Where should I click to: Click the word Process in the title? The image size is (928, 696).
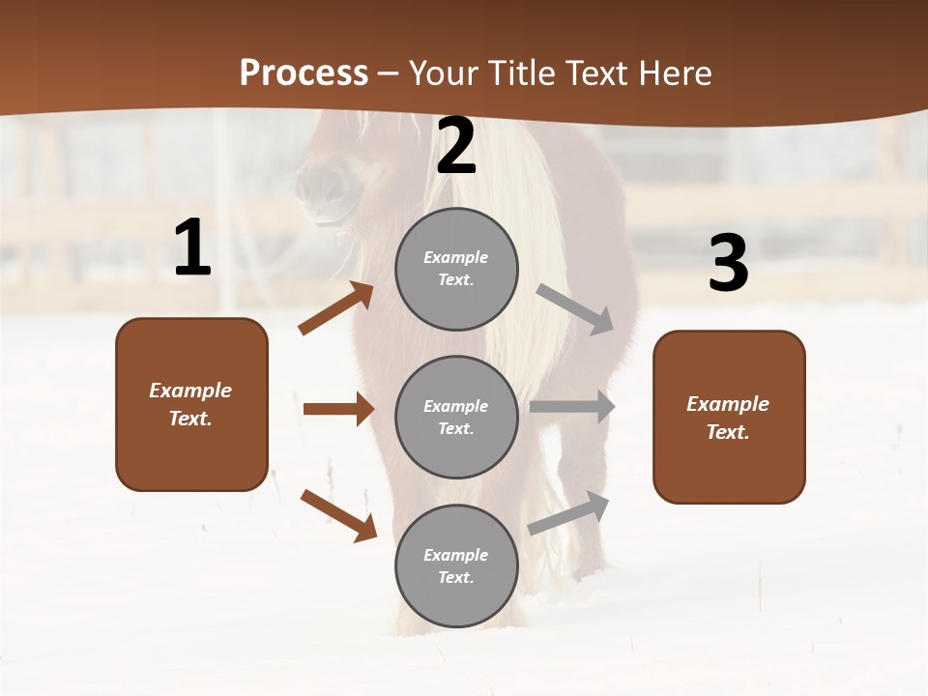tap(304, 73)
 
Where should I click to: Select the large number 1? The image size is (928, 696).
tap(192, 248)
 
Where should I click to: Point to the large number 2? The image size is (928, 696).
tap(456, 146)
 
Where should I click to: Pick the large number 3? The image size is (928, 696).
tap(728, 263)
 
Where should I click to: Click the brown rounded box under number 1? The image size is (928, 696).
tap(191, 404)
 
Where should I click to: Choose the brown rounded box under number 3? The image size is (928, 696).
tap(729, 417)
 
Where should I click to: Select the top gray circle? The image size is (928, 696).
tap(456, 269)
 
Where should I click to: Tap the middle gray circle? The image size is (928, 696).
tap(456, 417)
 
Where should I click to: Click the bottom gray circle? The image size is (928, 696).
tap(456, 565)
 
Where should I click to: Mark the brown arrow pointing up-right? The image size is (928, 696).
tap(335, 309)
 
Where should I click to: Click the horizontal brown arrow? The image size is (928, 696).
tap(338, 409)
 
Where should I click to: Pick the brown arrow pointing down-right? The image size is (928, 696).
tap(338, 515)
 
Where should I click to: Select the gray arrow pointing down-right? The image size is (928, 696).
tap(575, 309)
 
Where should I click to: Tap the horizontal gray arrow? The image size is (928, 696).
tap(572, 407)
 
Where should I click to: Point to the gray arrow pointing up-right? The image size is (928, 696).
tap(568, 512)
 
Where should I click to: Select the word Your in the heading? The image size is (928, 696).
tap(443, 73)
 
